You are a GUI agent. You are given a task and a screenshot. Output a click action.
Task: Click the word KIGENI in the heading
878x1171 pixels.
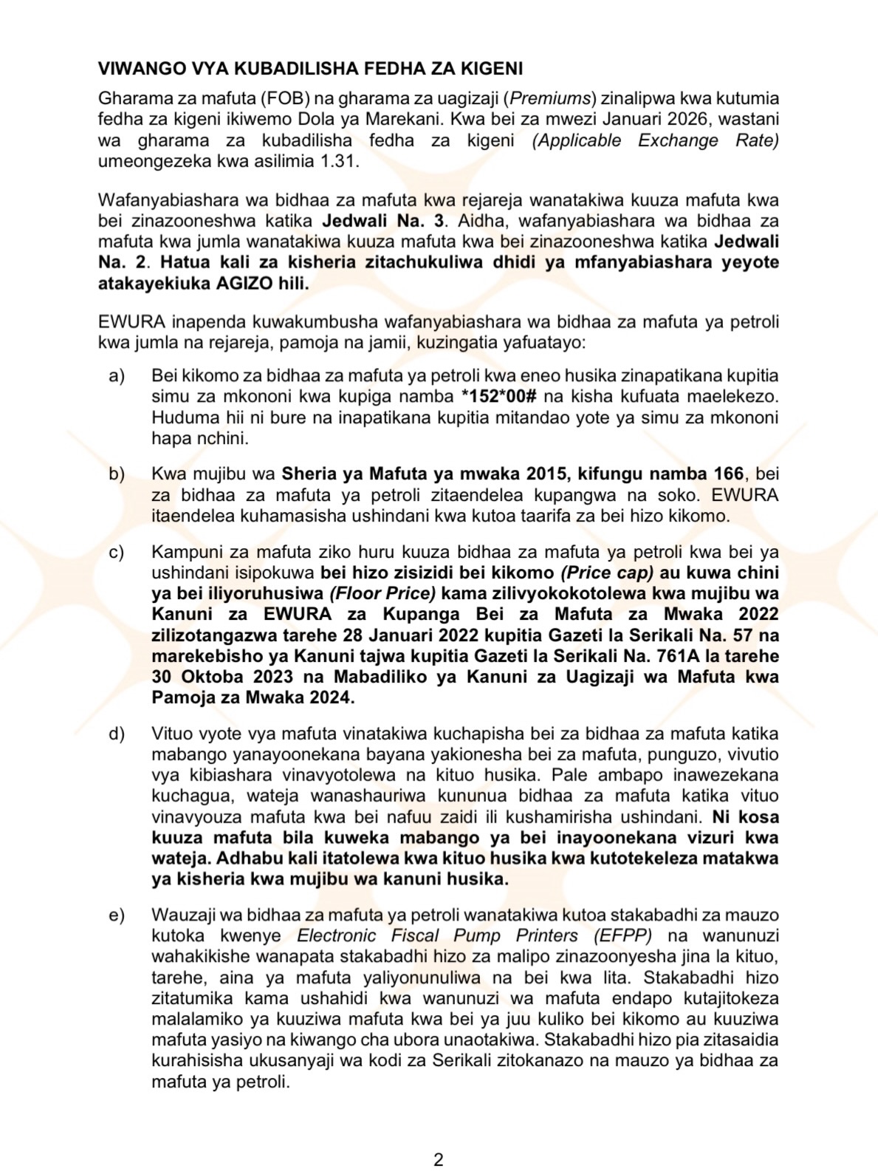[489, 69]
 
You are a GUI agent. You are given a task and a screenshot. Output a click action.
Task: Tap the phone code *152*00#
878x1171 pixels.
[498, 397]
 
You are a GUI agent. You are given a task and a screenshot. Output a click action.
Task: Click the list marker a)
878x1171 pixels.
[117, 376]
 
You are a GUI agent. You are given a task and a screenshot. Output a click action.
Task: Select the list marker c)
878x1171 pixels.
[117, 552]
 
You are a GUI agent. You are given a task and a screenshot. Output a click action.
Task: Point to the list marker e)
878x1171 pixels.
[117, 915]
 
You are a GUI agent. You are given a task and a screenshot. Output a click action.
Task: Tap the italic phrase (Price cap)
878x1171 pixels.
[607, 573]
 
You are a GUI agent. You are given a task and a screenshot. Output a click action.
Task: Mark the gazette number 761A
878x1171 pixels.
[685, 656]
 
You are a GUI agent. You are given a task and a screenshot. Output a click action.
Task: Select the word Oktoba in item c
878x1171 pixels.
[216, 677]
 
